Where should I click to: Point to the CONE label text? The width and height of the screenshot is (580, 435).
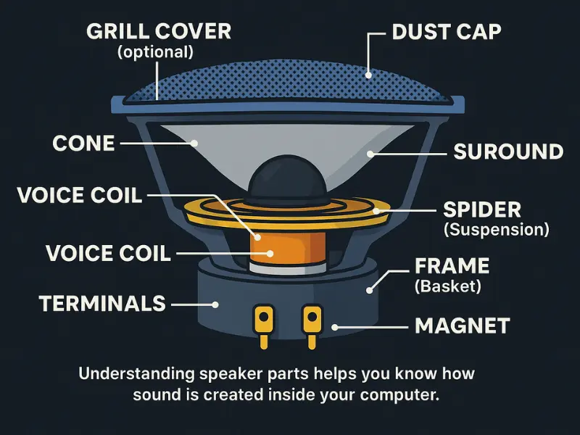click(83, 143)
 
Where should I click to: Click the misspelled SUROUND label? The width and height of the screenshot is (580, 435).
click(507, 152)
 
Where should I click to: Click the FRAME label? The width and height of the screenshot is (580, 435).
click(450, 265)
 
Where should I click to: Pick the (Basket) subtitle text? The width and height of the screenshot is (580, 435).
click(447, 286)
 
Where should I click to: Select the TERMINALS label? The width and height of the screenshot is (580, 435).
click(103, 303)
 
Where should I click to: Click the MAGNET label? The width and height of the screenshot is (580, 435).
click(463, 326)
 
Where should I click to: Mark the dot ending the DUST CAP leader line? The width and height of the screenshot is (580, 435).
click(368, 73)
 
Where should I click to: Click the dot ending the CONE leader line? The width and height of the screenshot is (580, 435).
click(195, 144)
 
